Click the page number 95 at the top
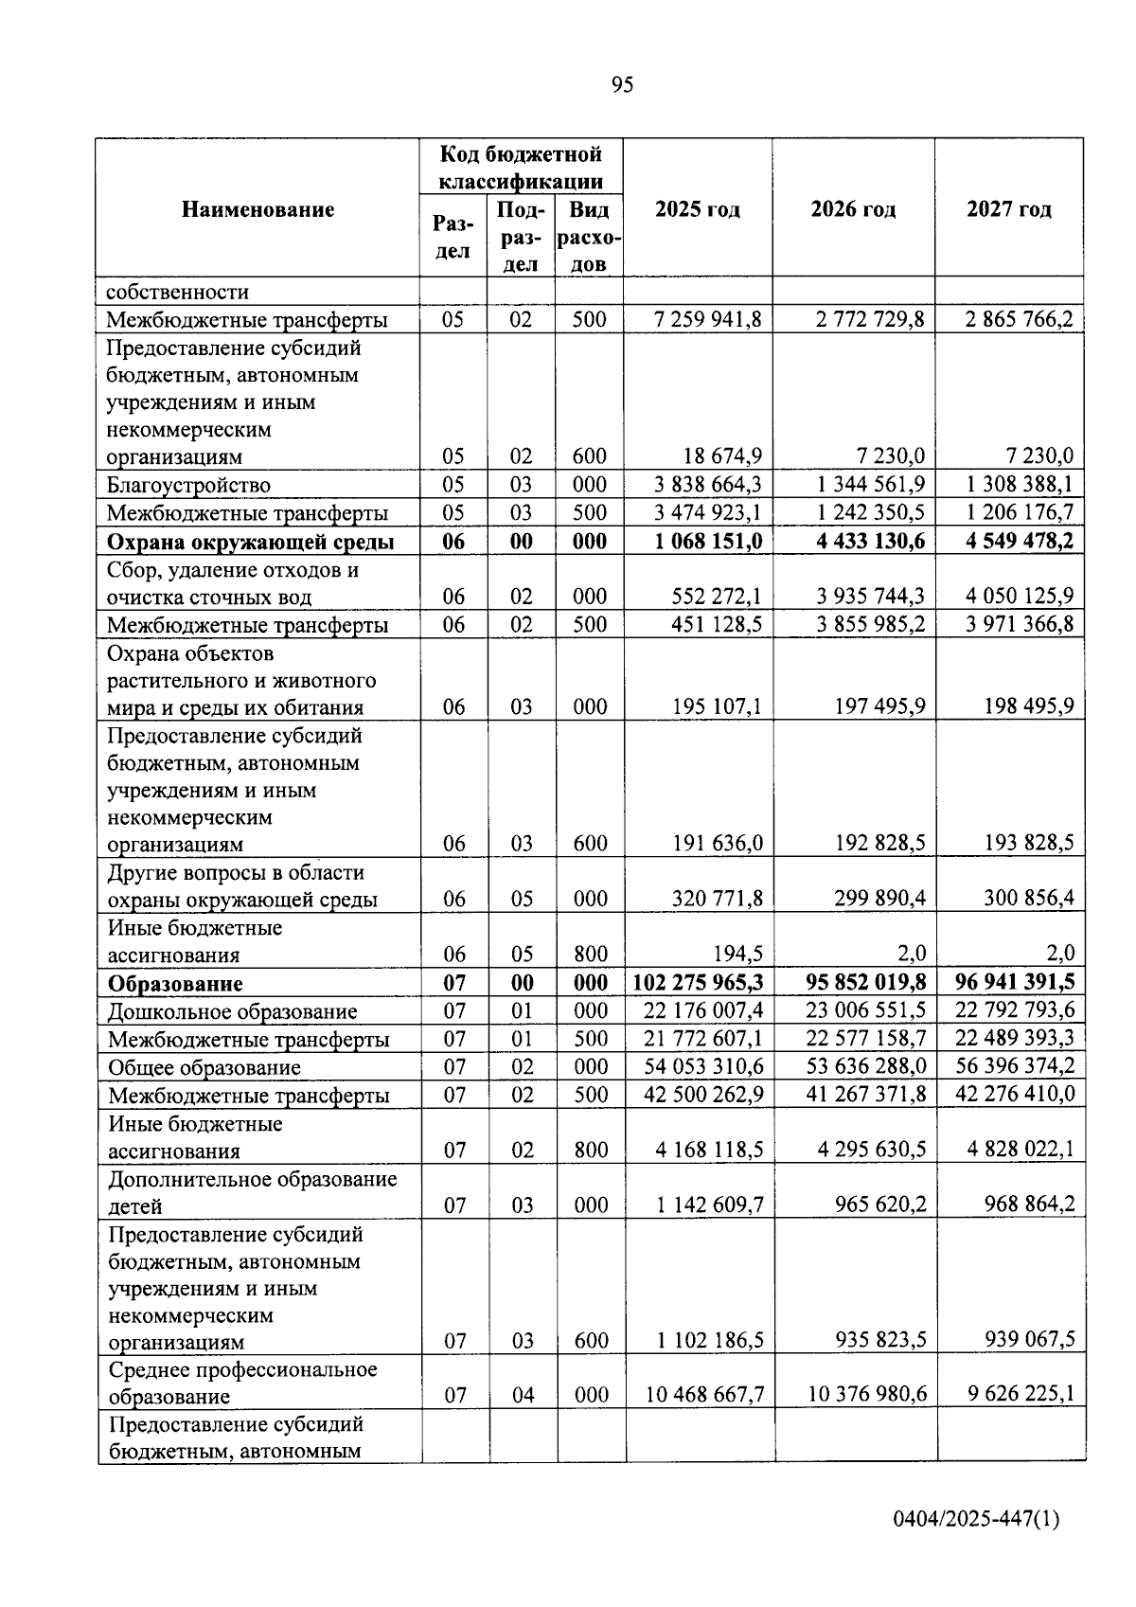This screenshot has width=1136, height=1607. tap(622, 85)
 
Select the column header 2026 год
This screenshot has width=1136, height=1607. tap(853, 209)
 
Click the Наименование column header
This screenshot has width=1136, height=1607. tap(257, 209)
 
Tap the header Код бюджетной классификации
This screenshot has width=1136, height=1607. tap(522, 167)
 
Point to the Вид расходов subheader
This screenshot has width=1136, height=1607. tap(589, 237)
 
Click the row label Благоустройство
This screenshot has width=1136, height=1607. tap(188, 485)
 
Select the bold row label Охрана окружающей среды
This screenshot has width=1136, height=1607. tap(250, 542)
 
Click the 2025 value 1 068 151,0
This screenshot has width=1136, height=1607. tap(708, 541)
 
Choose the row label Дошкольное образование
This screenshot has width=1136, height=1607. tap(232, 1011)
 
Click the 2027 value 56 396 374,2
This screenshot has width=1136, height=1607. tap(1015, 1066)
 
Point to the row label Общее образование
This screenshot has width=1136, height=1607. tap(204, 1067)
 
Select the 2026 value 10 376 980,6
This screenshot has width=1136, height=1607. tap(866, 1394)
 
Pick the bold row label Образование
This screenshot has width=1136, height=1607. tap(175, 983)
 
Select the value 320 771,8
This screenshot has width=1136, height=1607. tap(718, 898)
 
